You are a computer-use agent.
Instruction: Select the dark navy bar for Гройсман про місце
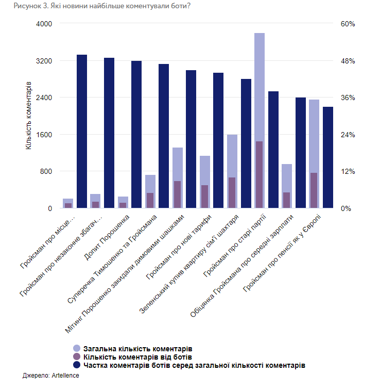(x=82, y=131)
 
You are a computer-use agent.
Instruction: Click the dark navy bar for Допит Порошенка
(x=136, y=134)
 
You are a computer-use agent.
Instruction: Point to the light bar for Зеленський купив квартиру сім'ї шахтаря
(x=232, y=155)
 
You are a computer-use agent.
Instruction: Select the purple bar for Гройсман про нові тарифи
(x=204, y=197)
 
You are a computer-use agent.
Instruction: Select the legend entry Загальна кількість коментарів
(x=133, y=348)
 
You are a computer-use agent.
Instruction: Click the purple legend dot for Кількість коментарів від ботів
(x=77, y=356)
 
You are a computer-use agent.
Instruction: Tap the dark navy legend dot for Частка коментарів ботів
(x=77, y=365)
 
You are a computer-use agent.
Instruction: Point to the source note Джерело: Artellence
(x=51, y=376)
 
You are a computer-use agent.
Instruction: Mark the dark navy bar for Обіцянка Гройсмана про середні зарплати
(x=301, y=153)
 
